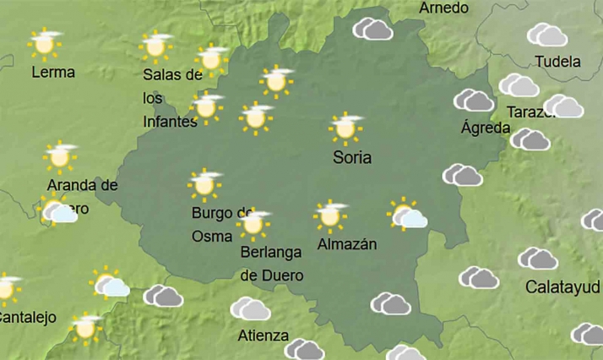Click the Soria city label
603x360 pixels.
352,157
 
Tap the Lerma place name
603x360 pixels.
52,73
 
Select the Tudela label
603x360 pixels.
558,62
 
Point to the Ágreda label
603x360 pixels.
486,128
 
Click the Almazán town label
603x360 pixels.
346,245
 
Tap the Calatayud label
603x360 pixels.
563,287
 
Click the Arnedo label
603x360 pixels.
443,8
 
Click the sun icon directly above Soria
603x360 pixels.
345,128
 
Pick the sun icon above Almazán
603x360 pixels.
330,215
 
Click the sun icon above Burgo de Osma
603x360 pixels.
204,183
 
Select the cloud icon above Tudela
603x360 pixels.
547,35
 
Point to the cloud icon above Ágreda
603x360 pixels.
474,101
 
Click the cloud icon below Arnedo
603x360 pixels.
372,30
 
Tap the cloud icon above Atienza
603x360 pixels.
250,308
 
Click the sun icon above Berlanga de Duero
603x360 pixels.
253,224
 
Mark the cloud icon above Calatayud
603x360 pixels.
538,258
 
